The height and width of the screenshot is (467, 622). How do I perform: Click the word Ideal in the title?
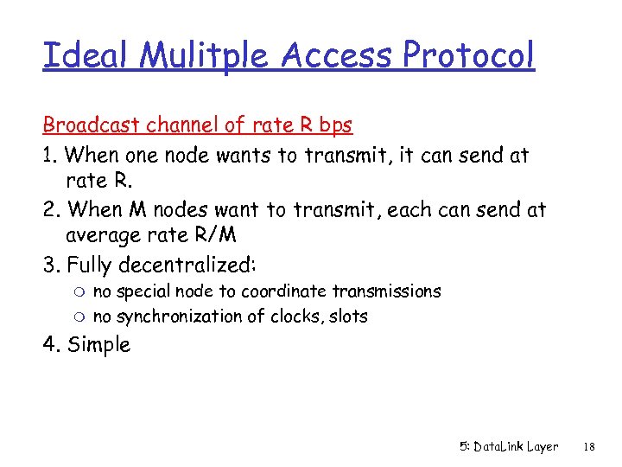coord(84,56)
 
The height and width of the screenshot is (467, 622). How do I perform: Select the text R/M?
coord(219,236)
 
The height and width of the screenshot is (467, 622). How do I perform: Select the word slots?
coord(348,317)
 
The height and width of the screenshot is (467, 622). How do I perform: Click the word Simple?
coord(98,345)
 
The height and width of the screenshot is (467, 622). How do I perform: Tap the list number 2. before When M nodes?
coord(51,209)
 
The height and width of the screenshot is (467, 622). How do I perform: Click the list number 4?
coord(51,345)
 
